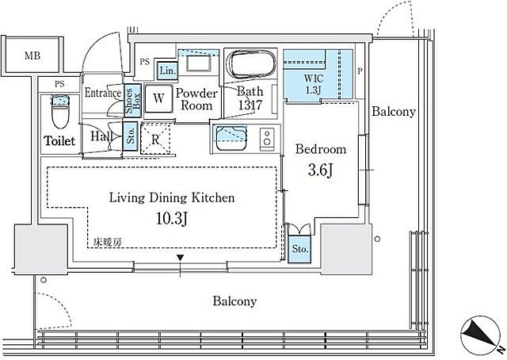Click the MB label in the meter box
pos(32,56)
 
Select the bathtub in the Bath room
pos(251,63)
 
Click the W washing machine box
pos(158,98)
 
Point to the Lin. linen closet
pos(167,71)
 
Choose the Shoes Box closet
pos(132,101)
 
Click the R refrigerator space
pos(155,140)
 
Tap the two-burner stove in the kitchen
pos(267,139)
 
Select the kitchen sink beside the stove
pos(231,139)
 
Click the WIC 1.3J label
pos(313,83)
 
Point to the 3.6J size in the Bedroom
pos(320,170)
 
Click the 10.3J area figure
pos(172,219)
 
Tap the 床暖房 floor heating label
pos(108,242)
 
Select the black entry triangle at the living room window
pos(180,258)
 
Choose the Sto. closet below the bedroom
pos(299,249)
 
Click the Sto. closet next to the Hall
pos(131,136)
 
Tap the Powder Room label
pos(196,99)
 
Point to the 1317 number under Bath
pos(250,105)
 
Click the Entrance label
pos(103,94)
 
